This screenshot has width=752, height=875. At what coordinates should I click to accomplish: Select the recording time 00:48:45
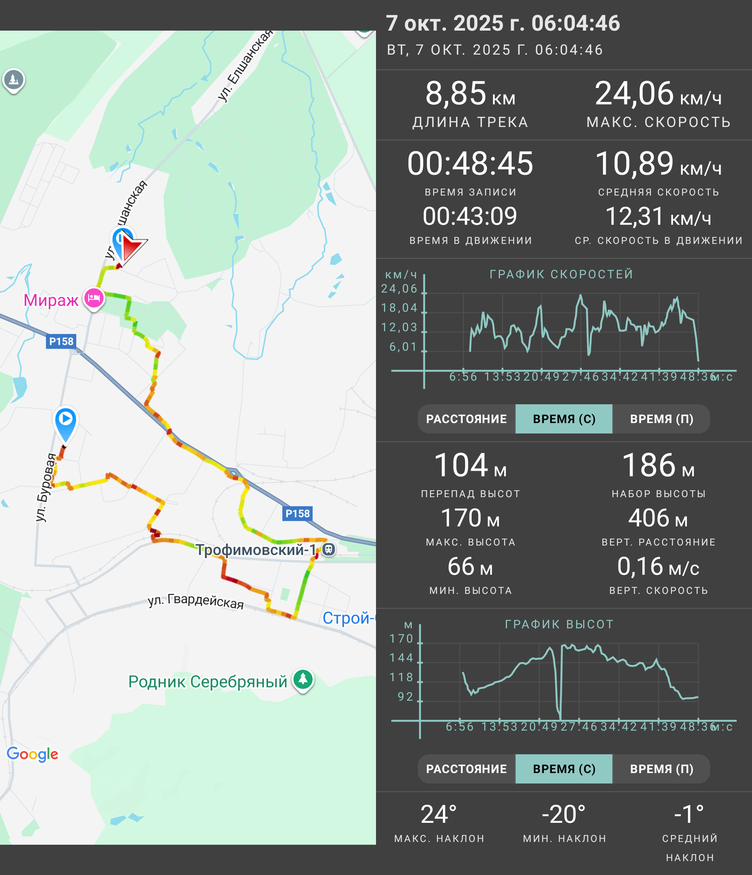click(470, 164)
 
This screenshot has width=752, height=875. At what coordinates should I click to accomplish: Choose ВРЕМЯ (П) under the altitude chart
click(661, 769)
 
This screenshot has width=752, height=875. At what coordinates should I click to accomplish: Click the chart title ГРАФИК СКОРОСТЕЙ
click(562, 274)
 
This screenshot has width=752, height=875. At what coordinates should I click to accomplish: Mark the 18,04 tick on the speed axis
click(399, 308)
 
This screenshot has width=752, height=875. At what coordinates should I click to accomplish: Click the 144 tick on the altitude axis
click(401, 658)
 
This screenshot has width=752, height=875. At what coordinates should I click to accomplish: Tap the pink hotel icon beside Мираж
click(94, 299)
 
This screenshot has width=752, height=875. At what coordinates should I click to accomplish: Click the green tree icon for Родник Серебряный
click(303, 679)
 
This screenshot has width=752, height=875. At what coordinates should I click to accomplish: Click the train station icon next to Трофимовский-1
click(329, 549)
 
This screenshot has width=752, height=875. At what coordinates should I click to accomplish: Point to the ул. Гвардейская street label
click(196, 600)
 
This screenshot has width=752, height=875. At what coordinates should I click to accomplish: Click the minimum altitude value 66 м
click(470, 566)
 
